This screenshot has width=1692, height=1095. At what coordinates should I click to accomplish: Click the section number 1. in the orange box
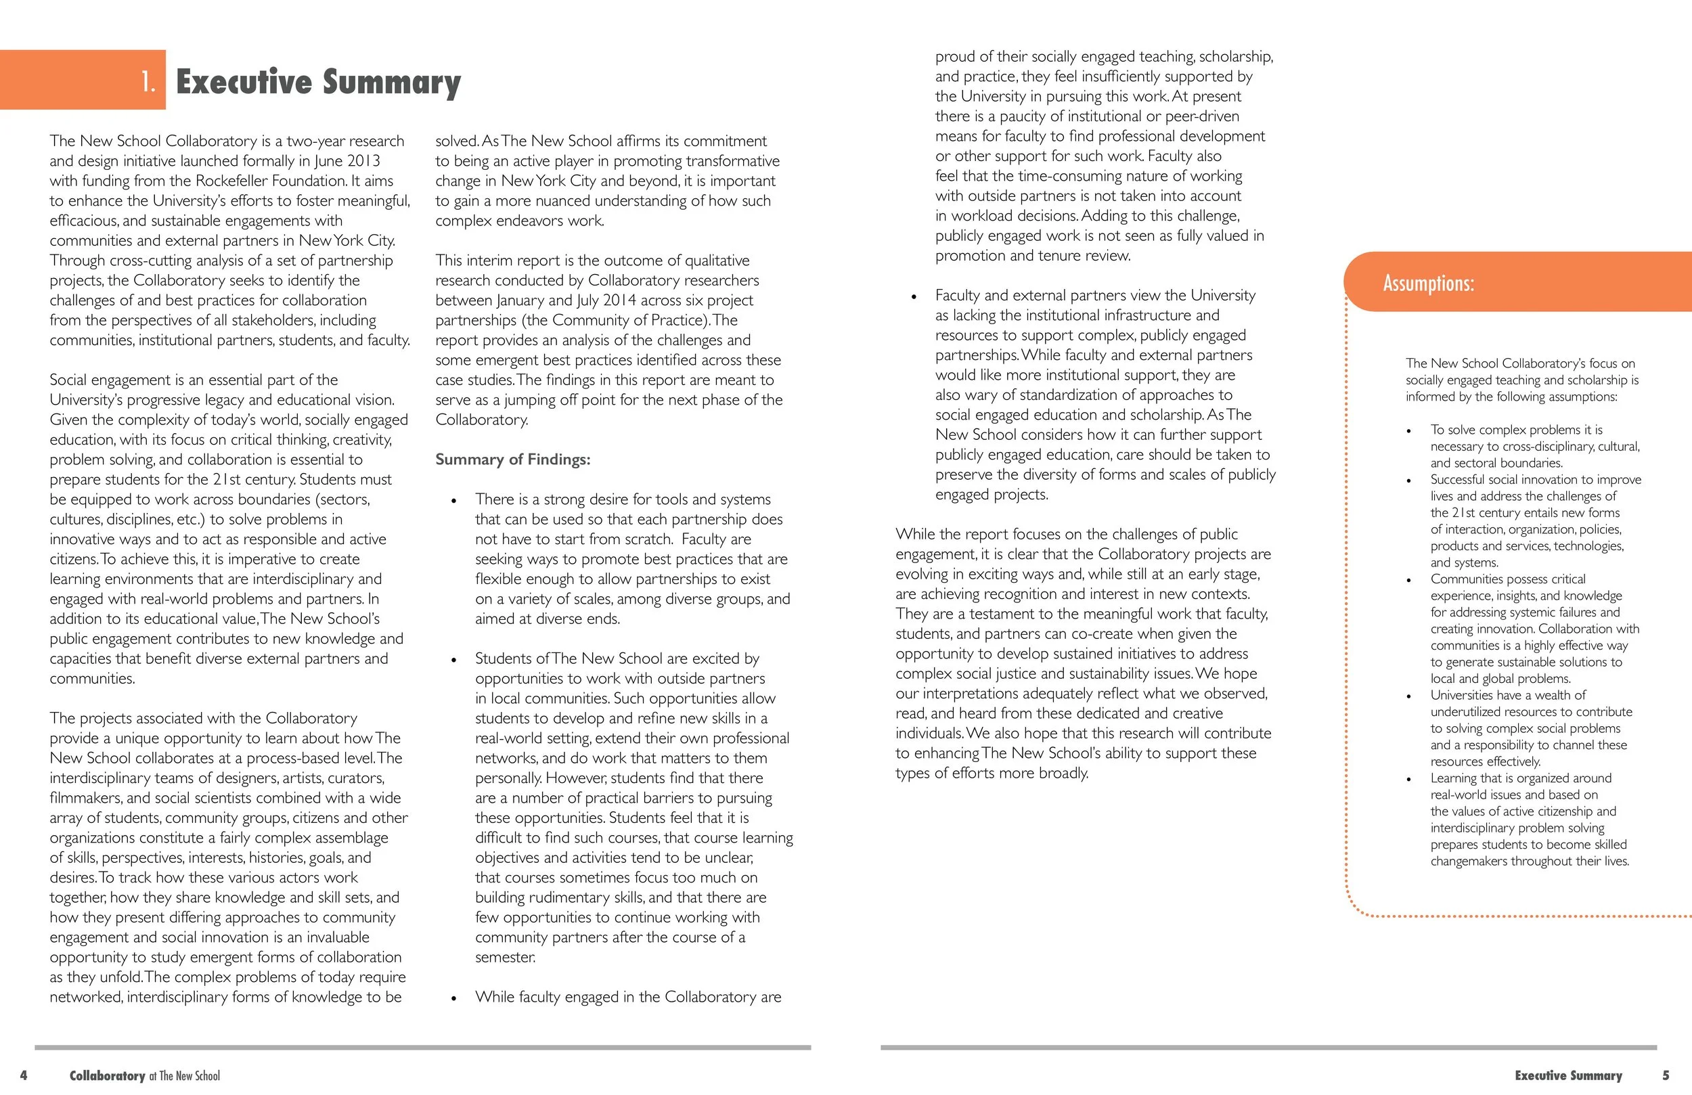coord(148,82)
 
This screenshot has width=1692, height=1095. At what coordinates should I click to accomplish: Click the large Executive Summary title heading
coord(318,82)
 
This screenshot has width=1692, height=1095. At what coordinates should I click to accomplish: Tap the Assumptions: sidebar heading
coord(1428,283)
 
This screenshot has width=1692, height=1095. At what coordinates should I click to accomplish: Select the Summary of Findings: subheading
coord(512,460)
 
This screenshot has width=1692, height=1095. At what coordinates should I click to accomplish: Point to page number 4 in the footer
coord(24,1075)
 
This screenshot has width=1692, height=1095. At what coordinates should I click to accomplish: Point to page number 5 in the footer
coord(1666,1075)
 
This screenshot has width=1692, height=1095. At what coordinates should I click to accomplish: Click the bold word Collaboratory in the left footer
coord(108,1076)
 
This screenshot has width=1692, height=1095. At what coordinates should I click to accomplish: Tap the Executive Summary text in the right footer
coord(1568,1075)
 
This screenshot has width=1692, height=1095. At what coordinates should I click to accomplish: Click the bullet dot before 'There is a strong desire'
coord(453,501)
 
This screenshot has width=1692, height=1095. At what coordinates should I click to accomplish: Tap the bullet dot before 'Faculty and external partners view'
coord(914,296)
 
